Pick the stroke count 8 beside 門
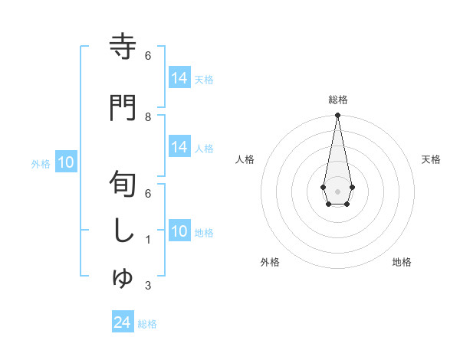(148, 117)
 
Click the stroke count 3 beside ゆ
(148, 286)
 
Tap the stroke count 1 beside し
(148, 240)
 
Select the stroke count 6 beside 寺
(148, 56)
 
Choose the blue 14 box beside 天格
(179, 78)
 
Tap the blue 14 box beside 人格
(179, 147)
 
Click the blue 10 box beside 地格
(179, 231)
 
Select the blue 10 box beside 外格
(65, 162)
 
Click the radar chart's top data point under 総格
(337, 116)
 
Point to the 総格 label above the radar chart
(337, 100)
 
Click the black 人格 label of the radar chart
(245, 159)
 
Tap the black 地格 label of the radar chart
(402, 262)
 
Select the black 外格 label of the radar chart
(270, 262)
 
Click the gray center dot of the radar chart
(337, 191)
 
